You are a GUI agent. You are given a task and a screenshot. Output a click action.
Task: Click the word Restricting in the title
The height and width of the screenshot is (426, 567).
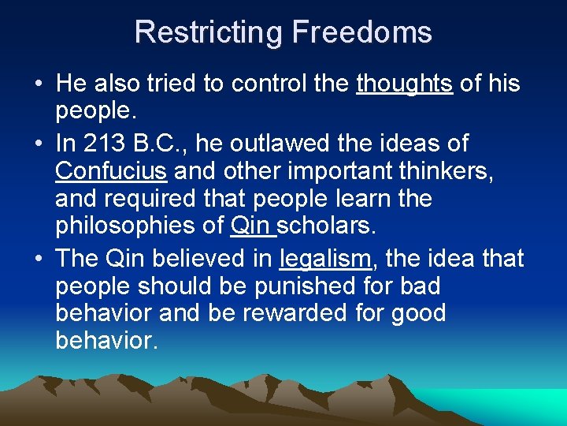208,32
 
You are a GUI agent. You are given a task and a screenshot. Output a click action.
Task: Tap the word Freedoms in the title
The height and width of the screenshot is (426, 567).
361,32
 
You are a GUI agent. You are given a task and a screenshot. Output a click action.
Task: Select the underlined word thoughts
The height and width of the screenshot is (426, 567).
405,84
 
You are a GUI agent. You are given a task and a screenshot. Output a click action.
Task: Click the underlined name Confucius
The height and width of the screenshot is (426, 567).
111,170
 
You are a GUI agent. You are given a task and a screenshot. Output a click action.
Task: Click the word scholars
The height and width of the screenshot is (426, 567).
327,226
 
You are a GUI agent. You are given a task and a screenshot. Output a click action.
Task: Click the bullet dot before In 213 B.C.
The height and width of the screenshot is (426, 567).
38,144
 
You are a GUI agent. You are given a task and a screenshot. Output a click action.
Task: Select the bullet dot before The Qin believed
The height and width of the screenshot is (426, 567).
38,259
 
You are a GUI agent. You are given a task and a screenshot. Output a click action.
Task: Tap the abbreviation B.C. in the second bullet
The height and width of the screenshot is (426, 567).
163,144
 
